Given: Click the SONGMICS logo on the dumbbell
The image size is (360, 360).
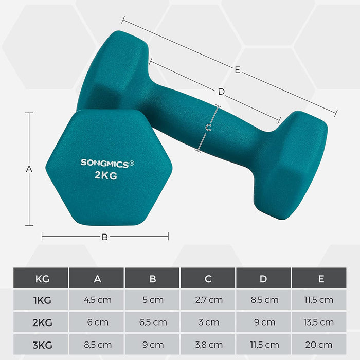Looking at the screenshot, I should (107, 163).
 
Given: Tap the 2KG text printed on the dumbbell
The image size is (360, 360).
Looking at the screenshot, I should (106, 175).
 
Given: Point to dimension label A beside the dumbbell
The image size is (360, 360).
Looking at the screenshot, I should (29, 169).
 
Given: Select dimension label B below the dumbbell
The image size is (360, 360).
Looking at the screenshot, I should (104, 237).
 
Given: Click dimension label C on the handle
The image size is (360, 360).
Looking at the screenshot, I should (208, 128).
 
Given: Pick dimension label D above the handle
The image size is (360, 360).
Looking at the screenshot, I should (221, 92).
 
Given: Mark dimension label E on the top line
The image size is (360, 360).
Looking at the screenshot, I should (237, 70).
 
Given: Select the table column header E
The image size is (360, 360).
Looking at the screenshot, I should (321, 279).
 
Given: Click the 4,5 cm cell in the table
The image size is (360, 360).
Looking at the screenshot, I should (98, 300).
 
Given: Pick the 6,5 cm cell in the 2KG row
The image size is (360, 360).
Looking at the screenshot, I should (153, 322).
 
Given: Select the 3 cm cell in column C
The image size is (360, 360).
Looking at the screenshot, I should (208, 322).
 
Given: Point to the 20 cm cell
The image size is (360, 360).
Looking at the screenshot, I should (321, 345).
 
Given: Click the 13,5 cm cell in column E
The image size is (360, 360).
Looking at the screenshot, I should (321, 322).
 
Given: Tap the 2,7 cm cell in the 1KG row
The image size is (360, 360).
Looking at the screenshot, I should (208, 300).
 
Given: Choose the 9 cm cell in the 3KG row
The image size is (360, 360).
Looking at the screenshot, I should (153, 345).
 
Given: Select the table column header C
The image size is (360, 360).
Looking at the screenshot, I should (208, 279).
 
